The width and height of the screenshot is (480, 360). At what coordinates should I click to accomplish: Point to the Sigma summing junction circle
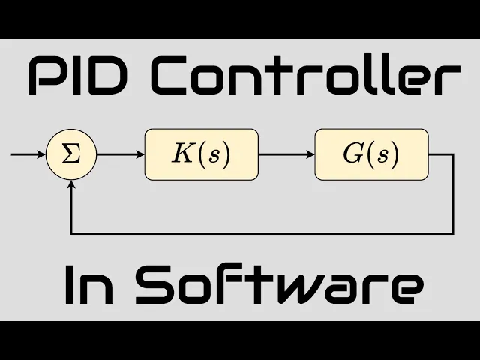(70, 155)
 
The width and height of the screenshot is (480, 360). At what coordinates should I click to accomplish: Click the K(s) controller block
(201, 154)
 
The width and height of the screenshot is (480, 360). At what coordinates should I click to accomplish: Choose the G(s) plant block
(371, 154)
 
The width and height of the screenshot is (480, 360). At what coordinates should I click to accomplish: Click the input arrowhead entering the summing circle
(41, 155)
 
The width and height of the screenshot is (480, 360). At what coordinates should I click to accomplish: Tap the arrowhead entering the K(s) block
(139, 155)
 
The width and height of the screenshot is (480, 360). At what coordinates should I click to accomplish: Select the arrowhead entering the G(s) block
(309, 155)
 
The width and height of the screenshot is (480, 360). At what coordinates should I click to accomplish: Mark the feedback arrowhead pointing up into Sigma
(70, 183)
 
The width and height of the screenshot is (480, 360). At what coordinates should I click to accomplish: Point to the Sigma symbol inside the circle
(70, 155)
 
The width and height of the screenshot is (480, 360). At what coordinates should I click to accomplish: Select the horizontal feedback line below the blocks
(262, 233)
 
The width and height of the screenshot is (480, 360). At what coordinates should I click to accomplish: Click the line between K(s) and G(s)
(285, 155)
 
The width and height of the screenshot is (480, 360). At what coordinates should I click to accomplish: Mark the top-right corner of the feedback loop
(453, 155)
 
